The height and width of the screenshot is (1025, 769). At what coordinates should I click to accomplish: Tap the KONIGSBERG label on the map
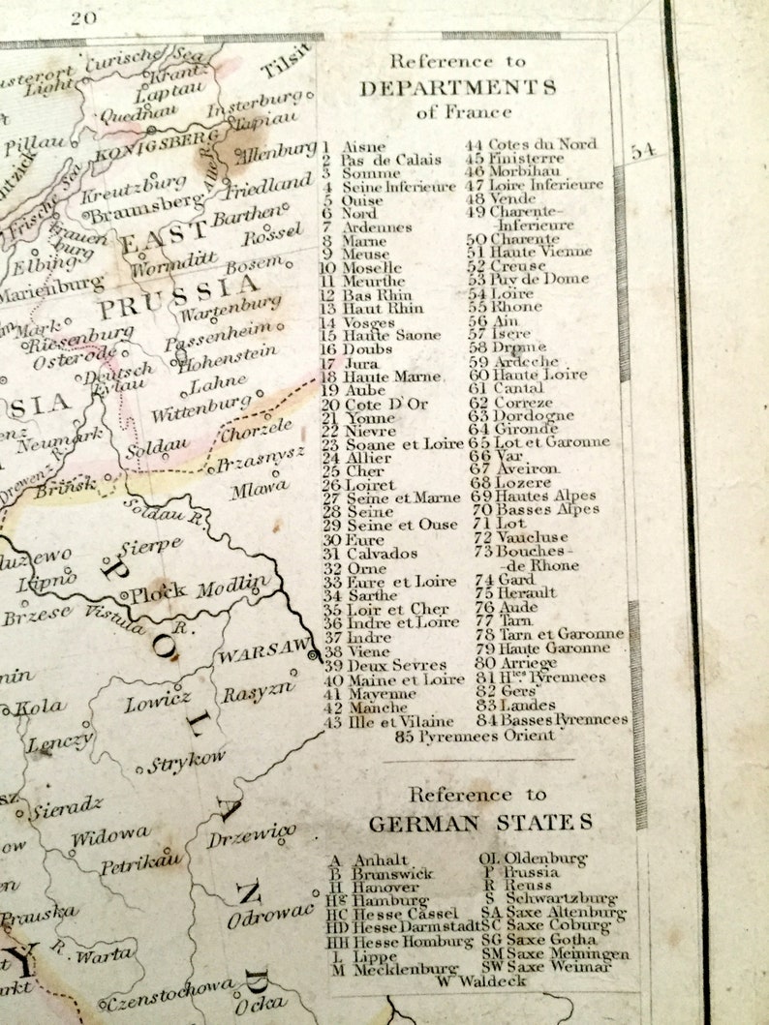pos(160,146)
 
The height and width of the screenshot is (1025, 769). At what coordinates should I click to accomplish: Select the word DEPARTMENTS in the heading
pos(457,88)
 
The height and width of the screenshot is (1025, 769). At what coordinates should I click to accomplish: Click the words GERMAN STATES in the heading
pos(479,823)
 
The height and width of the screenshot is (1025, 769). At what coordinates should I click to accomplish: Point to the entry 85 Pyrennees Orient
pos(475,736)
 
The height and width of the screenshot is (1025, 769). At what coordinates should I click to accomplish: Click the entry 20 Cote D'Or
pos(374,404)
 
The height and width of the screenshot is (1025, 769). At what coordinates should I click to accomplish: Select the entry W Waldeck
pos(481,980)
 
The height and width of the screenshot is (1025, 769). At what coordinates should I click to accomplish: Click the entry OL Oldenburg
pos(533,858)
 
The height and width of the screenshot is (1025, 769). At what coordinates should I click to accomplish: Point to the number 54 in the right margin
pos(643,151)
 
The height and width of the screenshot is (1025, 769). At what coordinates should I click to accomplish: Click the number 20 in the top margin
pos(84,16)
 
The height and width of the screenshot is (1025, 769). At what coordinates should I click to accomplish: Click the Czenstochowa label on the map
pos(169,996)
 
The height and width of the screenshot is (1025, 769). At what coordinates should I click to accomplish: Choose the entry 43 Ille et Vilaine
pos(387,721)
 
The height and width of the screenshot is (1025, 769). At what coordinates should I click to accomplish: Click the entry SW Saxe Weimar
pos(546,967)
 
